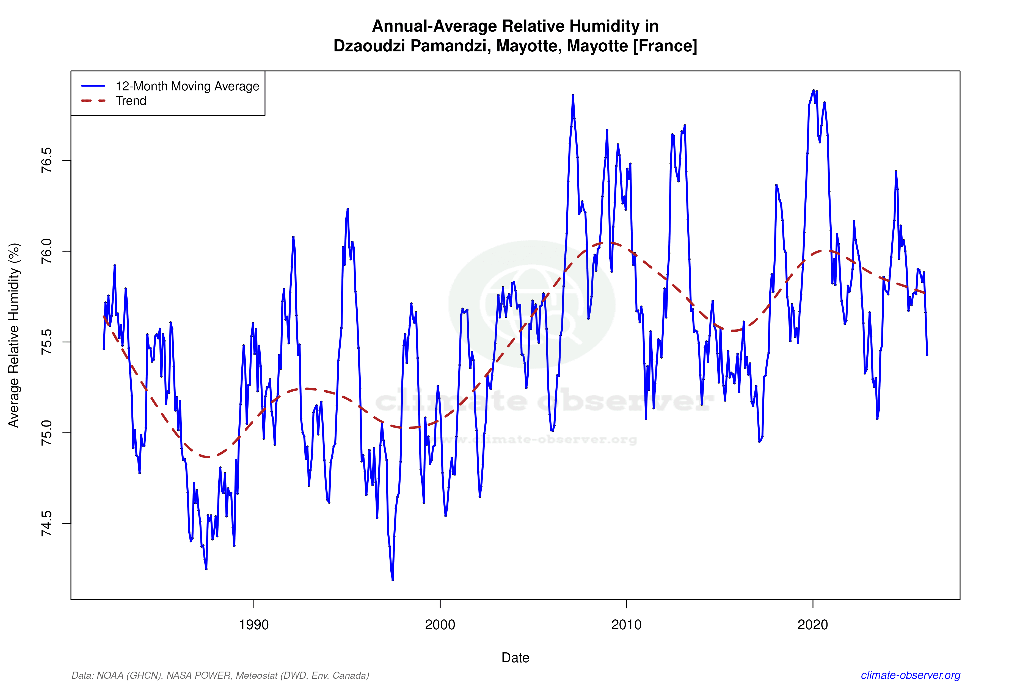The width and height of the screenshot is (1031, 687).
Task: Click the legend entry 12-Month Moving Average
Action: (x=187, y=86)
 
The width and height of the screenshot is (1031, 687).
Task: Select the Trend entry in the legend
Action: (x=131, y=101)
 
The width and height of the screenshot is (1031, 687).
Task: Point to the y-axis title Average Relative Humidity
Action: (x=14, y=335)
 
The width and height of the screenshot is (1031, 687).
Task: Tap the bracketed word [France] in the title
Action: (x=665, y=46)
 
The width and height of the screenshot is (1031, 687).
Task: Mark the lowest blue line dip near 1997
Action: (x=392, y=580)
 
